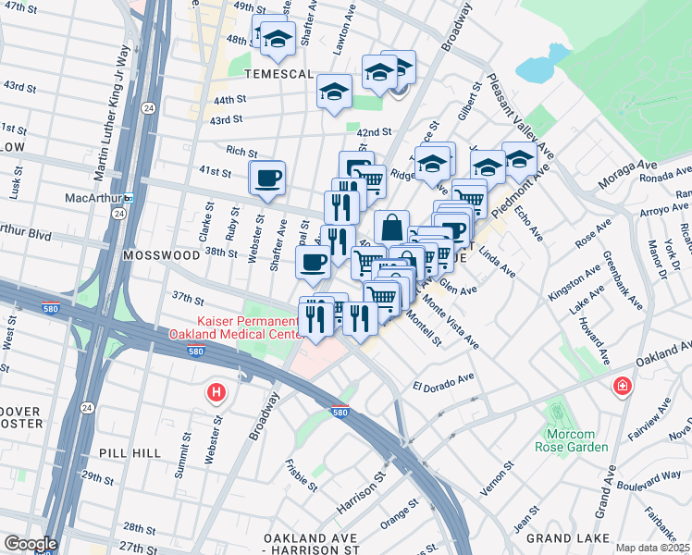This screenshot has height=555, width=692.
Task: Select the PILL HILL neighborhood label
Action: click(134, 453)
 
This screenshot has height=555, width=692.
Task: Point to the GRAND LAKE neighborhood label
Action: click(564, 536)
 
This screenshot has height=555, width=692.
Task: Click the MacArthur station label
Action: click(94, 198)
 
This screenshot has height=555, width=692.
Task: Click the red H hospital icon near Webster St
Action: click(216, 393)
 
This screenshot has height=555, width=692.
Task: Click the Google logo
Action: click(30, 544)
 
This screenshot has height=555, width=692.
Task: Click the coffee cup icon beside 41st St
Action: click(267, 178)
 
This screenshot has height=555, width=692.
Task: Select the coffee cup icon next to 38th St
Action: click(312, 262)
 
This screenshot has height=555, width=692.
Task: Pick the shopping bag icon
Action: click(391, 227)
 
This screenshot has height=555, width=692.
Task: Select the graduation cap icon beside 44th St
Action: click(334, 91)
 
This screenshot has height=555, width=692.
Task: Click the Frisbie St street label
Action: click(302, 474)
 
